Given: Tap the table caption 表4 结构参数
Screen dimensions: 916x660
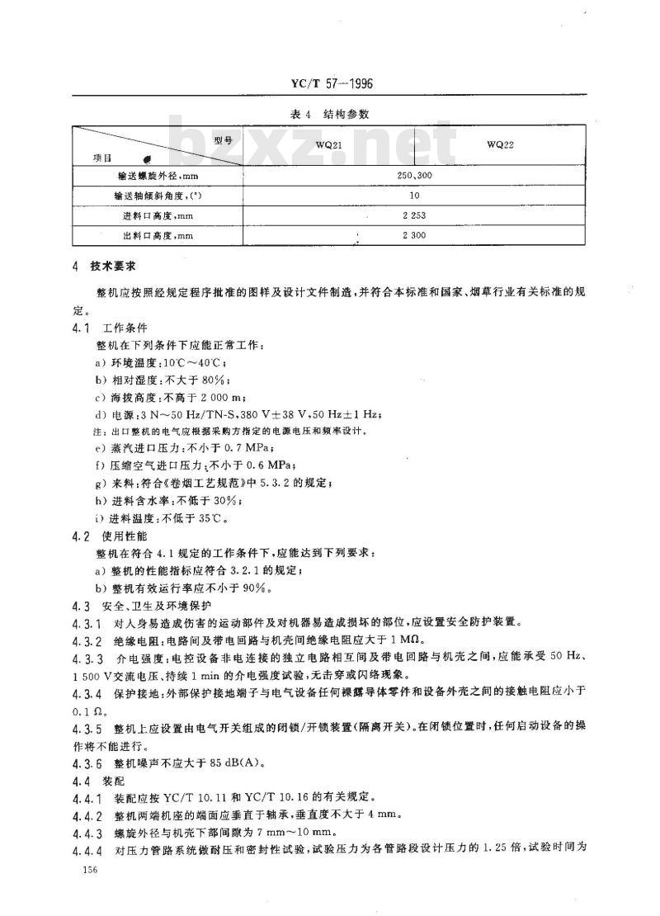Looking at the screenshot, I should [330, 116].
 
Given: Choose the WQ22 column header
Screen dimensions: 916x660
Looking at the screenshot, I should [500, 144].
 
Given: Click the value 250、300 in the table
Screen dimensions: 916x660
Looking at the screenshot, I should [413, 176].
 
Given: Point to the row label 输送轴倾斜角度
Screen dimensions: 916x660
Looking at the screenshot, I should [158, 196].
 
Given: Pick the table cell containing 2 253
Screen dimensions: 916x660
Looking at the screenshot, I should [413, 216].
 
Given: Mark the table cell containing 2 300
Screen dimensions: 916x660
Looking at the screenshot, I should [413, 237].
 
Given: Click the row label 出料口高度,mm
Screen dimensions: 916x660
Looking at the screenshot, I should [158, 237].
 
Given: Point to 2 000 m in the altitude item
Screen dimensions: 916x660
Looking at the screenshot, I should [215, 396].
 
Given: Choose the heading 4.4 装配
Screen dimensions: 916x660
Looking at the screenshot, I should [100, 781].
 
